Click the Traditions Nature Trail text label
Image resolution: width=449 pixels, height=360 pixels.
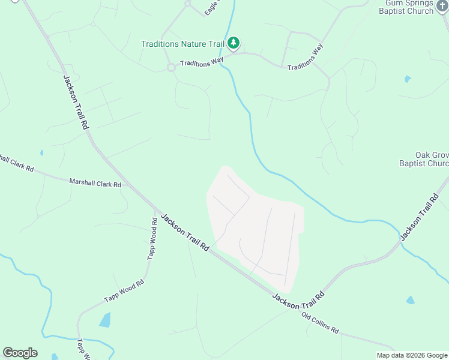click(182, 44)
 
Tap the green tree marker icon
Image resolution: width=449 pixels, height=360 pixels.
click(234, 43)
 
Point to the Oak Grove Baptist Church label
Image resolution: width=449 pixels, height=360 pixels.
click(424, 159)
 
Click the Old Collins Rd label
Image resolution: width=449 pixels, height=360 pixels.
click(320, 323)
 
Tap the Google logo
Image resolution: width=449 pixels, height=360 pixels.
click(20, 353)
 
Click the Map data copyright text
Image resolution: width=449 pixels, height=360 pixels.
click(412, 355)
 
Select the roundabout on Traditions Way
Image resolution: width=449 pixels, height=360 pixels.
click(171, 67)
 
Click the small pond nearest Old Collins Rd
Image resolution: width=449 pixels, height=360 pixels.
click(411, 300)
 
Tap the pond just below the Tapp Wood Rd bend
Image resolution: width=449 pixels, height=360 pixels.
click(105, 320)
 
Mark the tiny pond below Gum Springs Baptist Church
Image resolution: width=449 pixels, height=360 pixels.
click(408, 79)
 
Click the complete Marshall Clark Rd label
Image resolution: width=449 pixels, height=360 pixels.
click(95, 182)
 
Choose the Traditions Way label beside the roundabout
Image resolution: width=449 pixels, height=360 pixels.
click(202, 62)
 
